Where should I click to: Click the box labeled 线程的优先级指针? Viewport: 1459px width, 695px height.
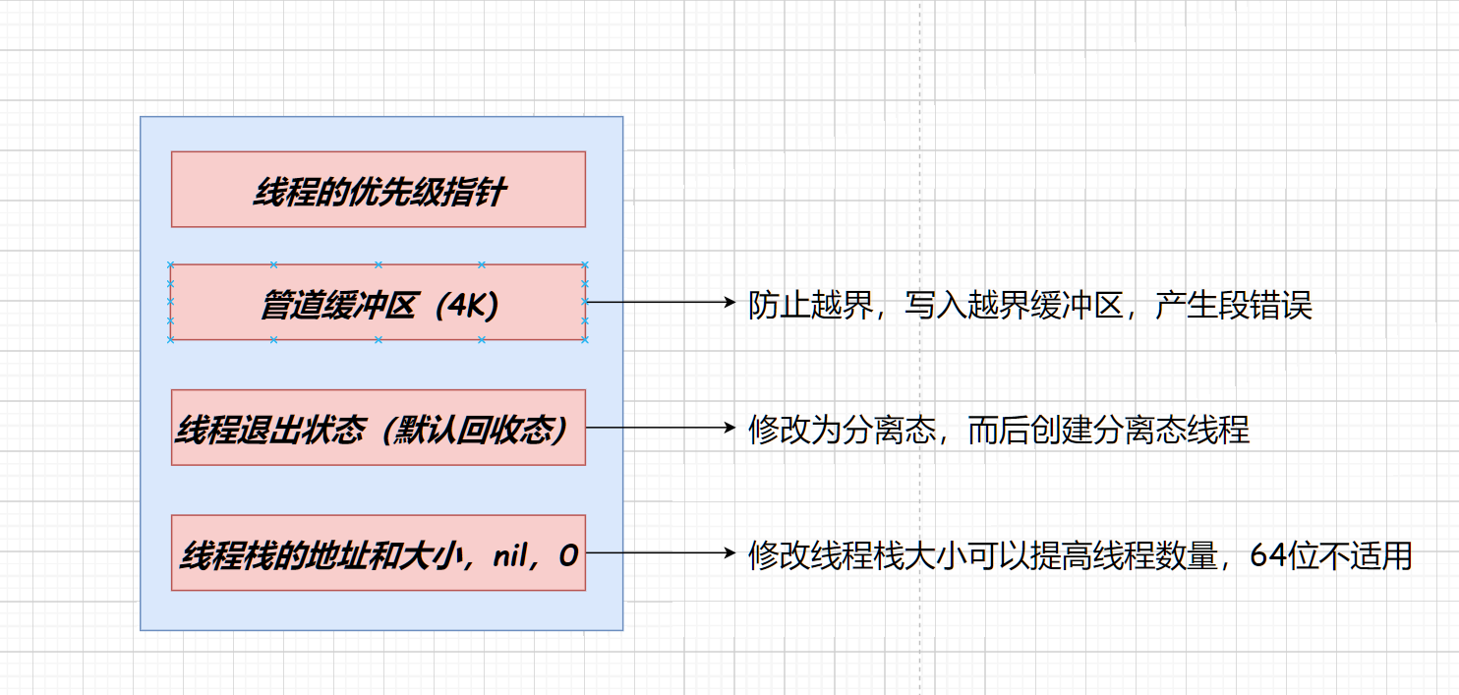(x=379, y=190)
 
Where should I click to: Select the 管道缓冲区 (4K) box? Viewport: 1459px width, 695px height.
(x=379, y=303)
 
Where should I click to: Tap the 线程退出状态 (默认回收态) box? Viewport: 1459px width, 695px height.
(x=379, y=428)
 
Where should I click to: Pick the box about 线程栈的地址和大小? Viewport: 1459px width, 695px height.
(x=379, y=553)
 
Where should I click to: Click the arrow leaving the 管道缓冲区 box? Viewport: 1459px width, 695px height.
(x=659, y=303)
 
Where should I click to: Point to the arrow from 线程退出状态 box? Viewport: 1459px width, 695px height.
(x=659, y=428)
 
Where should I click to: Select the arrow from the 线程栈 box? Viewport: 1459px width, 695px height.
(x=659, y=553)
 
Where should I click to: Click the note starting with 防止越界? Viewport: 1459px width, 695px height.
(x=1030, y=307)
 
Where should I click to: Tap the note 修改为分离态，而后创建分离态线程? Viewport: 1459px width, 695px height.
(x=999, y=431)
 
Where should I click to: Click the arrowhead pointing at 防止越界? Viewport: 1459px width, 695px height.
(x=729, y=303)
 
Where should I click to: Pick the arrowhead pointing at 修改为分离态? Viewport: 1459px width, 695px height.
(x=729, y=428)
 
